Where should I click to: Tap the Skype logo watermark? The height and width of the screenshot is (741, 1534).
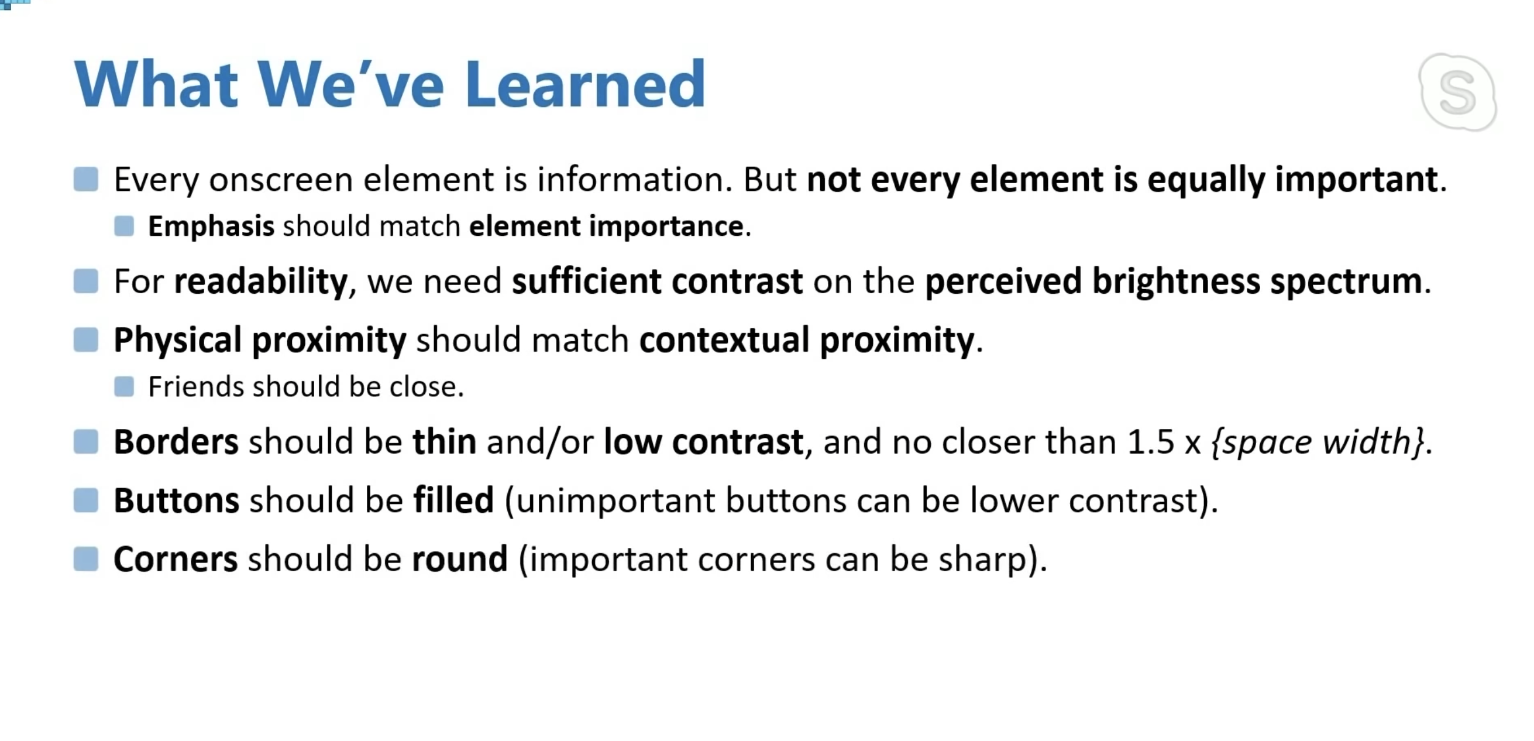(x=1457, y=92)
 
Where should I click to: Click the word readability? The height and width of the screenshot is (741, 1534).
(x=261, y=282)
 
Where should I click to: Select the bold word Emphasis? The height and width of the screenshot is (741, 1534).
(x=211, y=227)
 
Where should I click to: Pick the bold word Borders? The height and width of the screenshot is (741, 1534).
(x=176, y=442)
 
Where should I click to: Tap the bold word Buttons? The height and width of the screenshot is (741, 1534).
(x=177, y=500)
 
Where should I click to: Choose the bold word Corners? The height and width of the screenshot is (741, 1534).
(x=176, y=560)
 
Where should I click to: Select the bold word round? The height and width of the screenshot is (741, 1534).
(x=460, y=560)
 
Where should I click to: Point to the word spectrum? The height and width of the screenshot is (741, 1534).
(x=1346, y=282)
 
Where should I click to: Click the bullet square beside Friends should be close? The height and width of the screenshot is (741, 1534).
(x=124, y=386)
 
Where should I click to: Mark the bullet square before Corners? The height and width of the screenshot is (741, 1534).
(x=86, y=560)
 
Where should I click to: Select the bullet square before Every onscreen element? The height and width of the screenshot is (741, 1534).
(x=86, y=179)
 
